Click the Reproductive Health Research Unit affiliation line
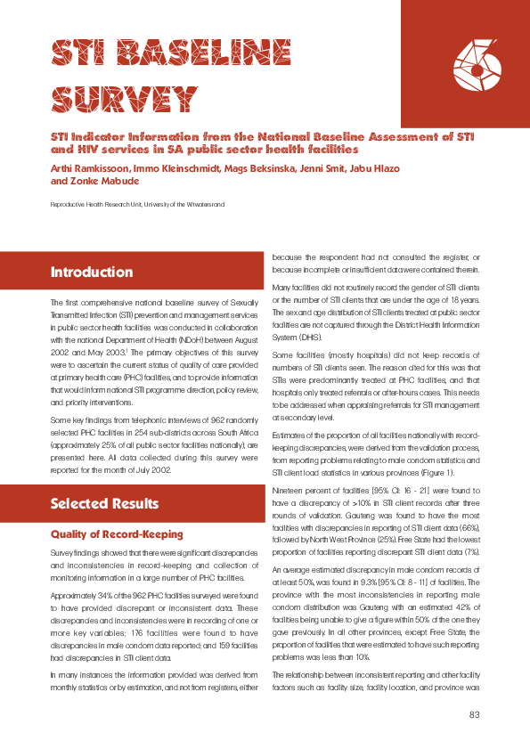tap(137, 205)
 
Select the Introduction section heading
tap(92, 272)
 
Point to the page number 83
tap(474, 715)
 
